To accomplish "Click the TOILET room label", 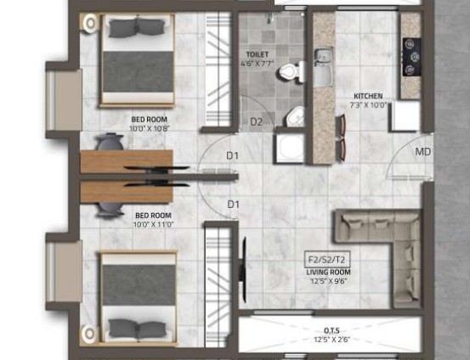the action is click(x=258, y=54).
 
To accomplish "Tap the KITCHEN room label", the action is click(x=368, y=96).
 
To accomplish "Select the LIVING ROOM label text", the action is click(x=328, y=273).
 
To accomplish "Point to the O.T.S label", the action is click(x=331, y=331).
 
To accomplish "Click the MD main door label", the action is click(x=422, y=151).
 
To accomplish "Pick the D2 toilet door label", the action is click(x=257, y=122).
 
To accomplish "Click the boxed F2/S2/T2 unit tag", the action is click(x=327, y=259).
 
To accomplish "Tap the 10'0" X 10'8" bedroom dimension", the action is click(x=150, y=129).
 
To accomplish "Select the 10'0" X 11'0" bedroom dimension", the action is click(x=154, y=224).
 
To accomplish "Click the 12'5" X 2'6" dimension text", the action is click(x=332, y=340).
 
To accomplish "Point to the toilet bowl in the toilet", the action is click(x=291, y=72).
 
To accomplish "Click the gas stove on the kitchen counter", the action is click(x=411, y=57).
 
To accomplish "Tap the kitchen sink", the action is click(x=324, y=67).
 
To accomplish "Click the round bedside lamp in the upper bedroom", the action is click(x=89, y=23).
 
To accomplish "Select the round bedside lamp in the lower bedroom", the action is click(x=89, y=334).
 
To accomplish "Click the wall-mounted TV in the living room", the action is click(x=243, y=269).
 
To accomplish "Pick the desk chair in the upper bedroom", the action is click(x=110, y=141).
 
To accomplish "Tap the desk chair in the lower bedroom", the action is click(x=110, y=210).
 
